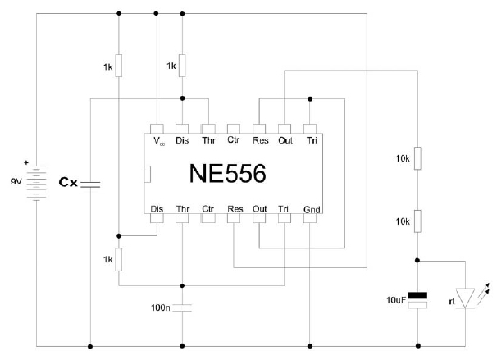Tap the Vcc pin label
pyautogui.click(x=158, y=140)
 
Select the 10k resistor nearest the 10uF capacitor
pyautogui.click(x=417, y=221)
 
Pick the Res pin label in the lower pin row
pyautogui.click(x=234, y=209)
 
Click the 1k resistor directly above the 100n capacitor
pyautogui.click(x=119, y=259)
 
